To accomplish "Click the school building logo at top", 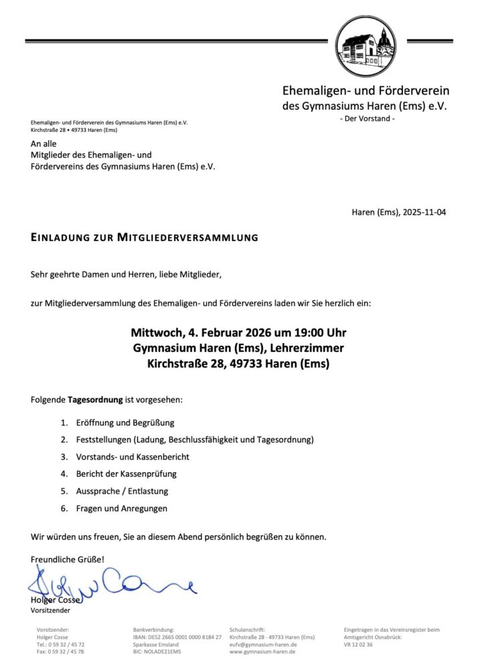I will [x=366, y=47].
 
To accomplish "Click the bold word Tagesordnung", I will [x=95, y=400].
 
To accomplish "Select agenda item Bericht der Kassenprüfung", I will [x=126, y=474].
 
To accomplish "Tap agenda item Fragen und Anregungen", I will [x=121, y=508].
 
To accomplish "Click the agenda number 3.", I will [x=64, y=457].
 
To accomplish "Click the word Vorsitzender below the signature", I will [x=50, y=610].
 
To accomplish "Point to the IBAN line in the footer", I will [x=177, y=636].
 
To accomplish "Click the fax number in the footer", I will [x=60, y=651].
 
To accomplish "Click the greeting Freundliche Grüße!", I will [x=68, y=559].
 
